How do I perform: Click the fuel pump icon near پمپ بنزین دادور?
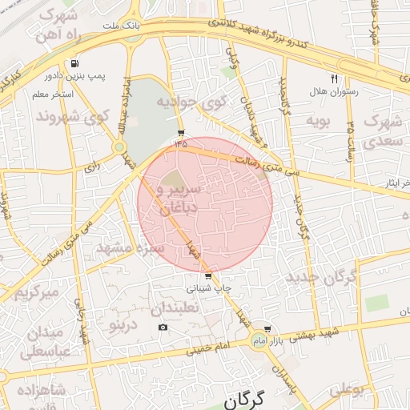[x=74, y=63]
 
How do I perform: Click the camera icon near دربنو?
[x=163, y=327]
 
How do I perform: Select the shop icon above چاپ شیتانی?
[x=209, y=276]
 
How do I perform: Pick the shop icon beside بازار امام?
[x=267, y=329]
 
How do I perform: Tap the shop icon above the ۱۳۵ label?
[x=181, y=133]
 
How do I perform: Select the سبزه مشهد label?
[x=130, y=248]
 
